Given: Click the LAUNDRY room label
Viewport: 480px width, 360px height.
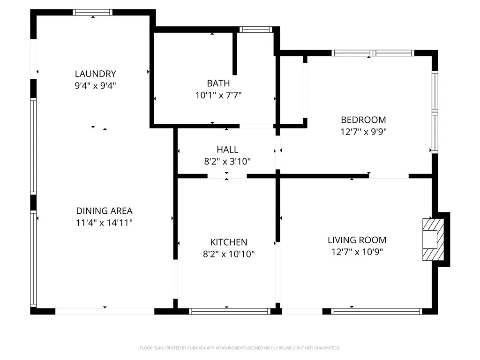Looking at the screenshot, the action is click(x=96, y=74).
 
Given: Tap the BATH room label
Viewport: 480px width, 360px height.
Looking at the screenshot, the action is click(x=218, y=83).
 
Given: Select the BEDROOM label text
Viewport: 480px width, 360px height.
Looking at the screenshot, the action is click(x=363, y=120).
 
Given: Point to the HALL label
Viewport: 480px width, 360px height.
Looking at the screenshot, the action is click(x=227, y=150).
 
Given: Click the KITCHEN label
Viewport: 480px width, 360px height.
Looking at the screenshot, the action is click(x=229, y=242).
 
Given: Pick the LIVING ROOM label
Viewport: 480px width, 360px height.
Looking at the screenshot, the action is click(x=357, y=240).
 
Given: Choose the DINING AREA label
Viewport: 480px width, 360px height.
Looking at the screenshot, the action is click(x=105, y=211).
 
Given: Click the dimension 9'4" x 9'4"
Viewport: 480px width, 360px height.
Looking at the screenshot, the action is click(x=96, y=85).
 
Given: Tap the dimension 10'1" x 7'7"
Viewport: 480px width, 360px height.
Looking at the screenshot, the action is click(x=218, y=95).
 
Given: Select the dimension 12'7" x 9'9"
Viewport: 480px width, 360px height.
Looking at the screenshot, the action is click(x=363, y=132).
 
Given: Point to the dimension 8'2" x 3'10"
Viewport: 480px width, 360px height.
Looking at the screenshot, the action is click(x=227, y=161).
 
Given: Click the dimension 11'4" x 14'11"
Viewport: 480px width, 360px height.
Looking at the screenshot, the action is click(x=105, y=223).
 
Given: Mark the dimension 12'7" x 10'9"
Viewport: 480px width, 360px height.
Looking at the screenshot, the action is click(x=357, y=252).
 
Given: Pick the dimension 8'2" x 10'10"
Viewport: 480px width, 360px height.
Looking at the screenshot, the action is click(x=229, y=254).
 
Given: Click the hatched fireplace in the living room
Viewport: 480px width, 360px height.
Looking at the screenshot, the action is click(x=433, y=240).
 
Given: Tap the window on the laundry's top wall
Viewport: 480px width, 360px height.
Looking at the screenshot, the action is click(x=92, y=12).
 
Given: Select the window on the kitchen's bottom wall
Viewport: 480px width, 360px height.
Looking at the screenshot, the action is click(x=230, y=311).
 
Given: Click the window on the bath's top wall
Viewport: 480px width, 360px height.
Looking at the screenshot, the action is click(x=255, y=30).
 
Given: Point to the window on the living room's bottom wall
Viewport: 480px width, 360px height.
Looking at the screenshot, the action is click(x=376, y=311).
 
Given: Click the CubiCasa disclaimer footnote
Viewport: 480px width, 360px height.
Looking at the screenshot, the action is click(x=240, y=348).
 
